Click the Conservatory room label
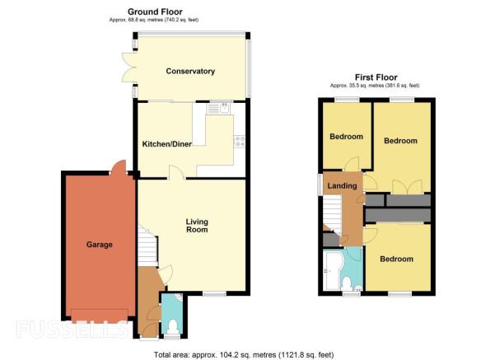tap(190, 72)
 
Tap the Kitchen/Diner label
tap(166, 144)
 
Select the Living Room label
tap(197, 226)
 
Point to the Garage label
tap(100, 245)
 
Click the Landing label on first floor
tap(342, 185)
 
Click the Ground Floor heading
tap(155, 12)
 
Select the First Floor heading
tap(376, 77)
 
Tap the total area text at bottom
tap(244, 354)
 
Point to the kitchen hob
tap(240, 141)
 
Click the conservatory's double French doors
tap(128, 68)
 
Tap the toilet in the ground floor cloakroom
tap(172, 326)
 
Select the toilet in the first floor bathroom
tap(347, 283)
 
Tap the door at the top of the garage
tap(119, 167)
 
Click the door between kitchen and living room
tap(176, 172)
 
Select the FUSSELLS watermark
tap(72, 329)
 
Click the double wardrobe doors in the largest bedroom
tap(408, 186)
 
